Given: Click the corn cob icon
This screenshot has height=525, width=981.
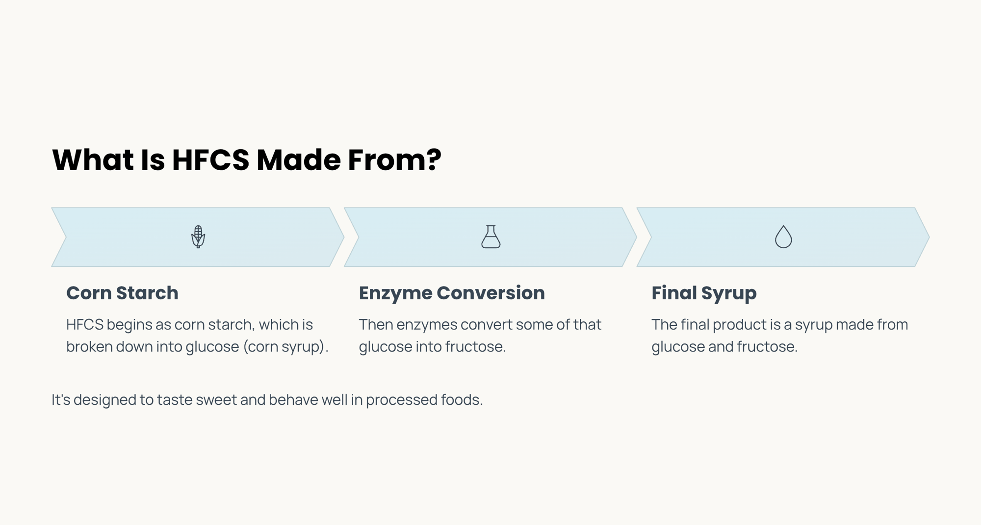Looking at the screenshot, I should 198,237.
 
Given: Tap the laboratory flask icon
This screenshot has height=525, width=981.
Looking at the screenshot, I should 490,237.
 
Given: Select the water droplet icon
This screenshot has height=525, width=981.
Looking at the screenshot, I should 783,237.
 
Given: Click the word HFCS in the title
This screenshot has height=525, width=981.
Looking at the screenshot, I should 210,160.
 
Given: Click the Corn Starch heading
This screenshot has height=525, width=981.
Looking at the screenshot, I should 122,293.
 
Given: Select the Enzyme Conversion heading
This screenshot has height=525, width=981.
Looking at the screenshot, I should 452,293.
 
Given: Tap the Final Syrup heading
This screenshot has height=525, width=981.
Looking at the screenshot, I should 704,293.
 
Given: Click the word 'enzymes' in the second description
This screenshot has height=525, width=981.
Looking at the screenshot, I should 427,325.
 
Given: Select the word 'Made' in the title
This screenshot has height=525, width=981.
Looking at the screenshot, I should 298,160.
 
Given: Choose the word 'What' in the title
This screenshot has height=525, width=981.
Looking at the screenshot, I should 93,160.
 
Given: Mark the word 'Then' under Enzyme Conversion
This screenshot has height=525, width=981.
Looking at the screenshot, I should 376,325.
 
